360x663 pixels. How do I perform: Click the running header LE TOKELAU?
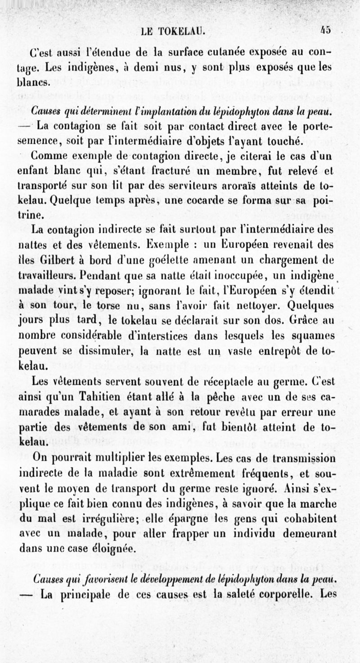pyautogui.click(x=173, y=31)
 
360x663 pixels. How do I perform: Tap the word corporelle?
pyautogui.click(x=290, y=595)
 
